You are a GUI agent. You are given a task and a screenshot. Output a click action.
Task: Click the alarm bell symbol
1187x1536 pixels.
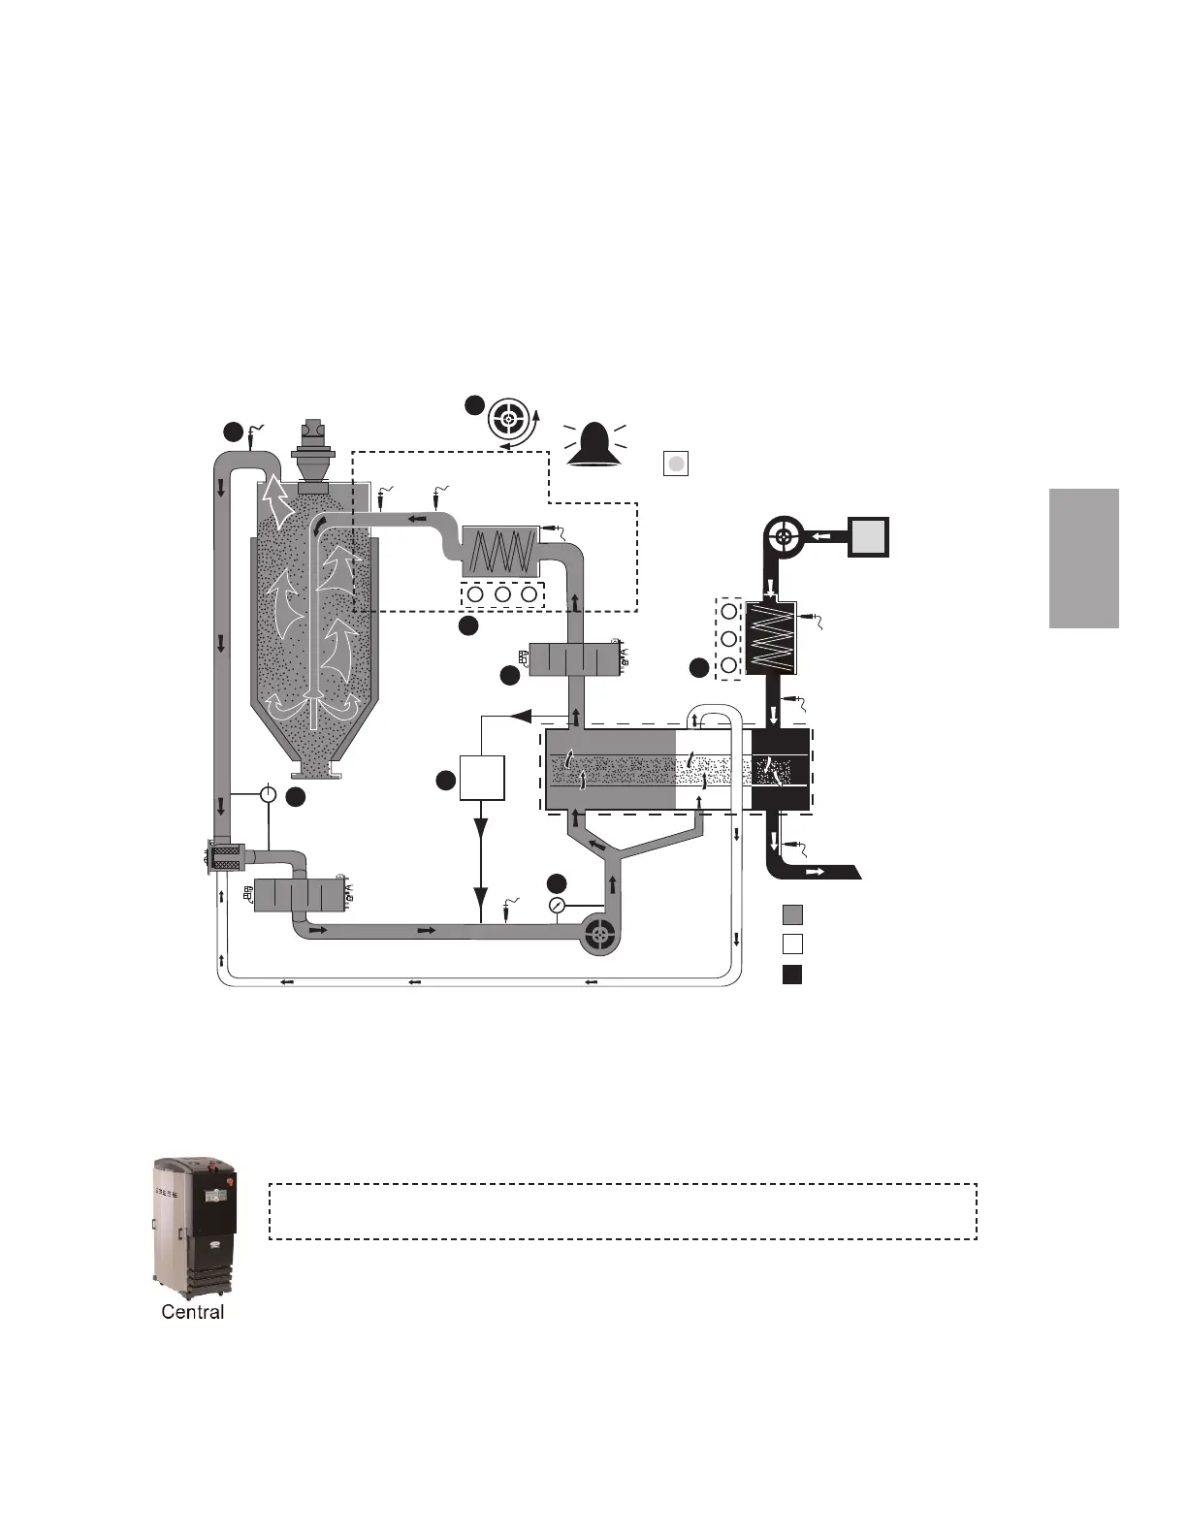pos(594,445)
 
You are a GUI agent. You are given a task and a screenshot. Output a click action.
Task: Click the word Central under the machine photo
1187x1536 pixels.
pos(192,1312)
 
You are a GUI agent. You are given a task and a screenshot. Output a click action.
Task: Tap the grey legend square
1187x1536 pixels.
pos(792,914)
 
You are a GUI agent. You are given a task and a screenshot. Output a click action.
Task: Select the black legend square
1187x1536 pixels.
pos(792,975)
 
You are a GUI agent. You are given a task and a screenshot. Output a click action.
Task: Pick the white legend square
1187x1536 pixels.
pos(792,944)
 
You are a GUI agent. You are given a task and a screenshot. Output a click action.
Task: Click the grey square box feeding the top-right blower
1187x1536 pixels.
pos(868,535)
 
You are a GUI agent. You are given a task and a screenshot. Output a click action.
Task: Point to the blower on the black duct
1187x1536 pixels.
pos(785,535)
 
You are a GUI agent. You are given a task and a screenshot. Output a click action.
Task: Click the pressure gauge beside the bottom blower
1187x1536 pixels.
pos(557,906)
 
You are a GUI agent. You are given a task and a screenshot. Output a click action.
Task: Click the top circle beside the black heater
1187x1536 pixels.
pos(729,613)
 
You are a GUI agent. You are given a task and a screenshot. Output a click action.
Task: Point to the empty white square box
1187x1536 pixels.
pos(481,778)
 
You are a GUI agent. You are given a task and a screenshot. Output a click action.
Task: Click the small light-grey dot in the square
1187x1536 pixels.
pos(676,464)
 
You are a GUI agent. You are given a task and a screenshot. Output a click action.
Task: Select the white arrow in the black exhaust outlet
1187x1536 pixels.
pos(816,873)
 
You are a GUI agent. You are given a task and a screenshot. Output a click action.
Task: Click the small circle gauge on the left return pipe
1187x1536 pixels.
pos(269,793)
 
